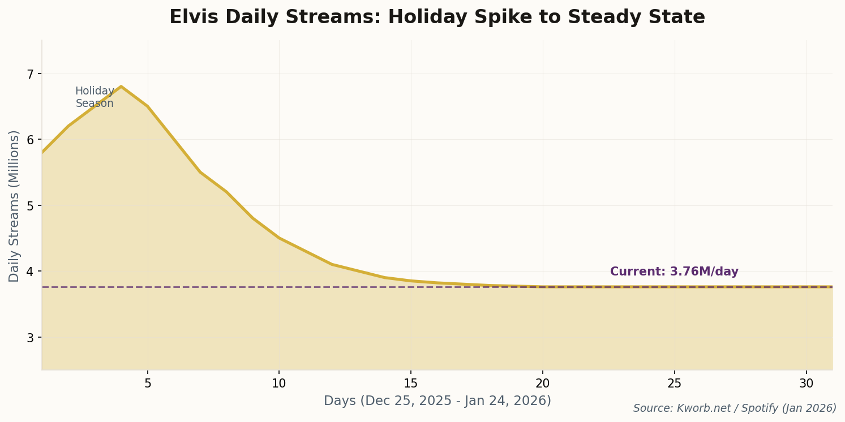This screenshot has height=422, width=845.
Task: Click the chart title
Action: [x=437, y=18]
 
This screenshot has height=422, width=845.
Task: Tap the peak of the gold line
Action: [x=121, y=87]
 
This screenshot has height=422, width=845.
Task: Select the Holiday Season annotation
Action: [x=95, y=97]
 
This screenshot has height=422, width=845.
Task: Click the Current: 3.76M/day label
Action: [x=674, y=272]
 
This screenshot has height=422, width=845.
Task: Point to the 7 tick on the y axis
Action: [x=31, y=74]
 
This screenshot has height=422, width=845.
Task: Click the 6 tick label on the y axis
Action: [x=31, y=140]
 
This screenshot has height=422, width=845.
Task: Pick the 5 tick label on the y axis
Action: [x=31, y=205]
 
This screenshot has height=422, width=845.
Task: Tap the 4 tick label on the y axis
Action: [x=31, y=272]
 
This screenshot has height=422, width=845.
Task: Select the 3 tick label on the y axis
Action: [x=31, y=337]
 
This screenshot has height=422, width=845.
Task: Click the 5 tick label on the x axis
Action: [x=148, y=384]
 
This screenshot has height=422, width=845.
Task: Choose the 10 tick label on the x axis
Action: [x=279, y=384]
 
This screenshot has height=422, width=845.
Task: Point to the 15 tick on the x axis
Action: [x=411, y=384]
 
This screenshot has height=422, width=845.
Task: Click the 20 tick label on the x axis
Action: [x=543, y=384]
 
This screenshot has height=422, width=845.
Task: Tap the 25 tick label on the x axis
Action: [x=675, y=384]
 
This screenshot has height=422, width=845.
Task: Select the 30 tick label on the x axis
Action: [x=807, y=384]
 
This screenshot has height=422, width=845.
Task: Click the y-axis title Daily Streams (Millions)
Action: [x=14, y=206]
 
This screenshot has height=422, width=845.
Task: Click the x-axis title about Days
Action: [x=437, y=401]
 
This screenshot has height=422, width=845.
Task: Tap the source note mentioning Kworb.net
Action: [x=734, y=408]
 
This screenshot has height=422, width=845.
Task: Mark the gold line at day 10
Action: [x=279, y=238]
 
